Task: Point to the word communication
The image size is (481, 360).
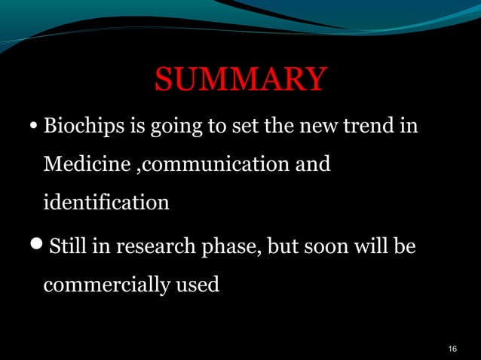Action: point(207,163)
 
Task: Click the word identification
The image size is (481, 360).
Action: point(106,202)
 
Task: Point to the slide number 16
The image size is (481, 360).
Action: point(452,348)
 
